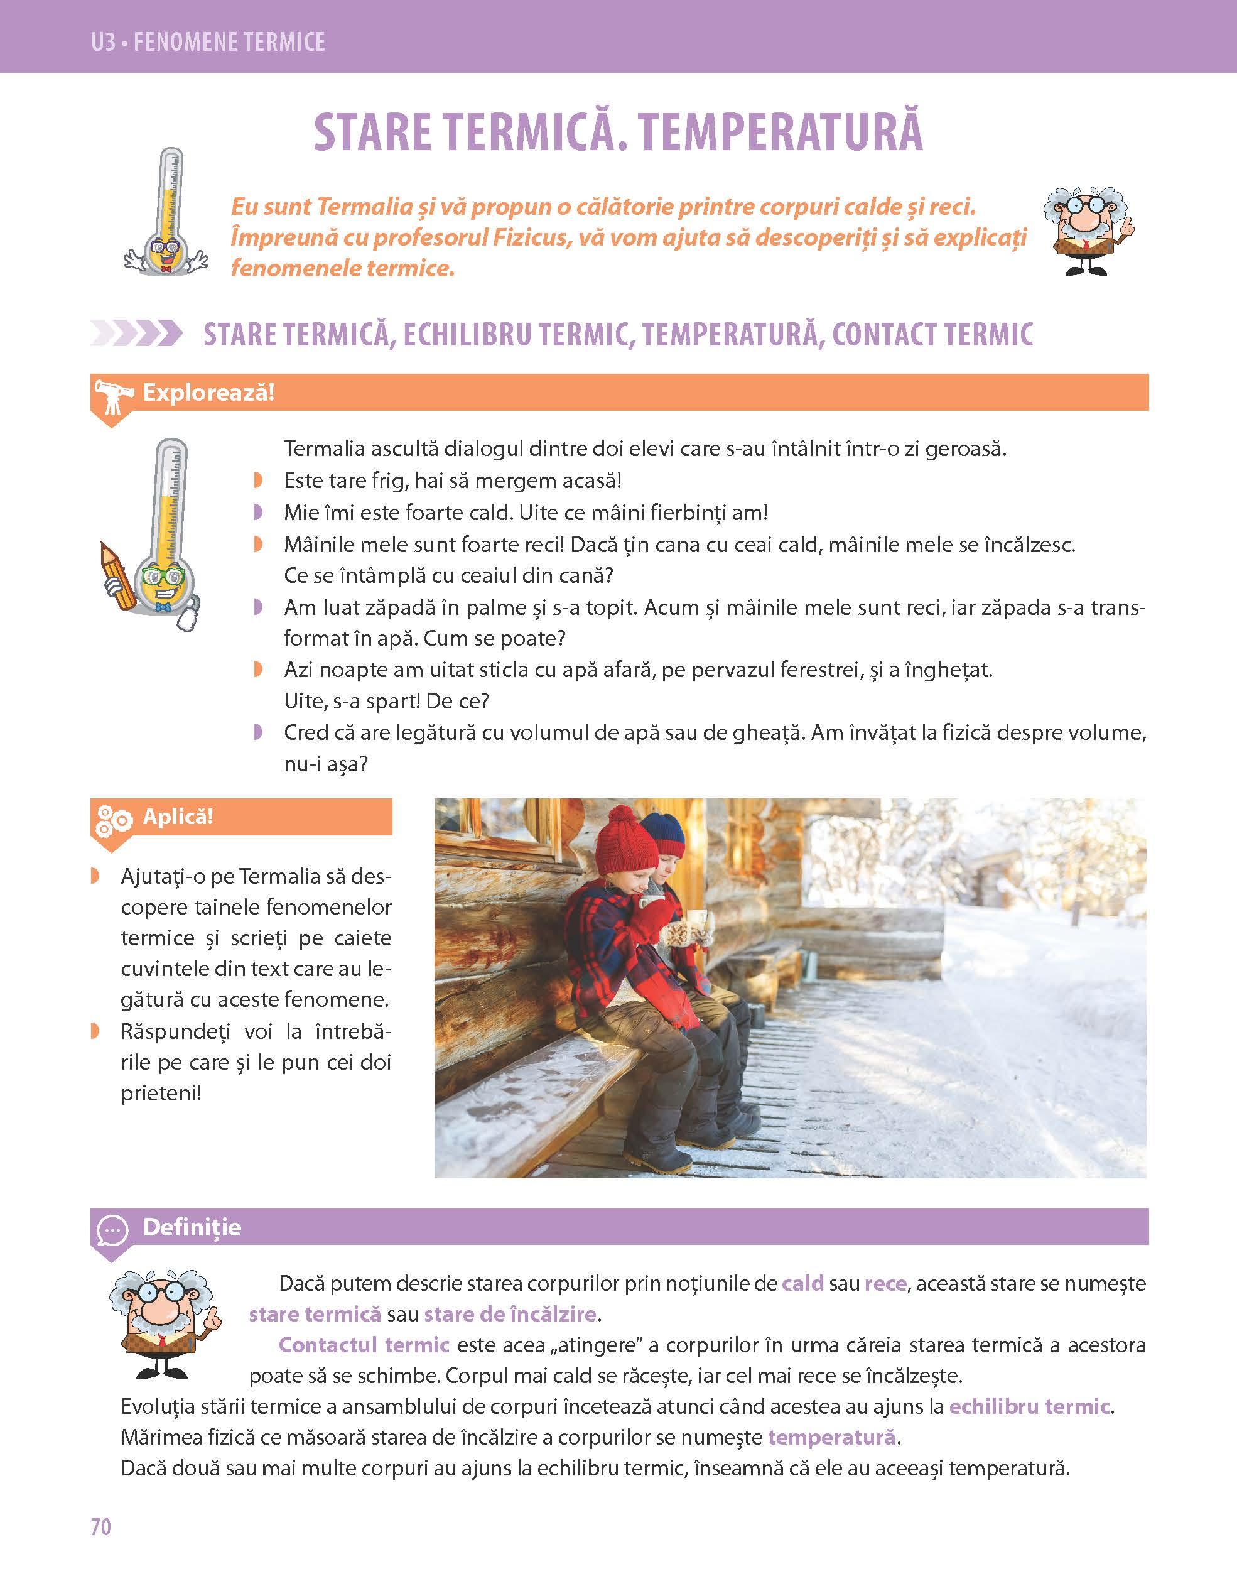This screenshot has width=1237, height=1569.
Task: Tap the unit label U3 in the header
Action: pyautogui.click(x=104, y=42)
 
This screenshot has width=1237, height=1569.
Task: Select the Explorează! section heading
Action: pyautogui.click(x=208, y=393)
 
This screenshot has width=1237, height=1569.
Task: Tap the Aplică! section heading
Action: pyautogui.click(x=178, y=817)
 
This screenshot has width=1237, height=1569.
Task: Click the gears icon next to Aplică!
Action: pyautogui.click(x=113, y=819)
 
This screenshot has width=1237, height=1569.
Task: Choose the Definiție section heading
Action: pyautogui.click(x=192, y=1227)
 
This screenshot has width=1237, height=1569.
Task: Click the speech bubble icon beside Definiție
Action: pyautogui.click(x=112, y=1230)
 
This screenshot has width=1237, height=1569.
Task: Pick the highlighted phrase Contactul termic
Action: pyautogui.click(x=364, y=1345)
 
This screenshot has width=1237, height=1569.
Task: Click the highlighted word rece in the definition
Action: pyautogui.click(x=885, y=1284)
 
